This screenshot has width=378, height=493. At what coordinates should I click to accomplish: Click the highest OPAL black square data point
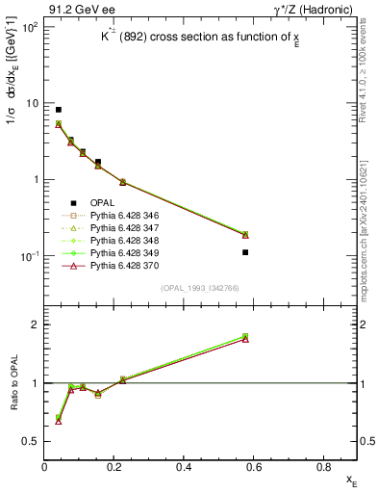pos(59,110)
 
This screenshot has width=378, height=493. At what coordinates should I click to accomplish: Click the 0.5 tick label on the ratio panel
pos(30,441)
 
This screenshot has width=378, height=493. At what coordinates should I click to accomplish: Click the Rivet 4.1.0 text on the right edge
pos(368,87)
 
